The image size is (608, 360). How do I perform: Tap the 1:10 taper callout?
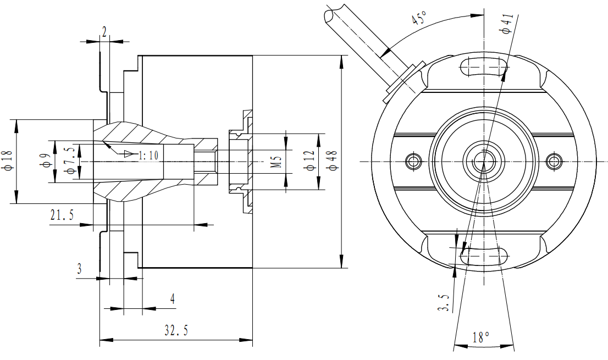(148, 156)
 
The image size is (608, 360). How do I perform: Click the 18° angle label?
(480, 337)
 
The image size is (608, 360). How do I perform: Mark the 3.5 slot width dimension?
(445, 302)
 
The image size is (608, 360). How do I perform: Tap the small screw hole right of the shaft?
(554, 161)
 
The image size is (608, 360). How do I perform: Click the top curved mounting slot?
(484, 66)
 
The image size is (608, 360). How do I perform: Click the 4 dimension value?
(172, 299)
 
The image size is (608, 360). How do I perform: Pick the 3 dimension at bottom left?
(79, 269)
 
